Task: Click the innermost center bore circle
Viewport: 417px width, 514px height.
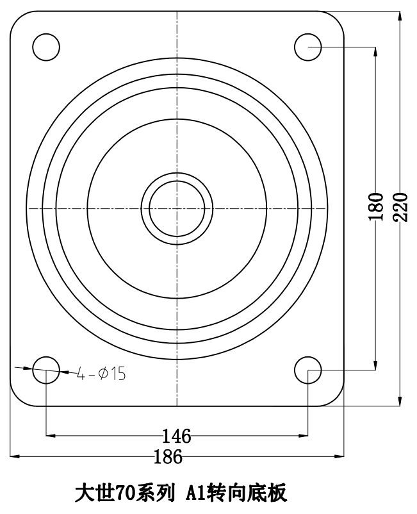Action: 177,181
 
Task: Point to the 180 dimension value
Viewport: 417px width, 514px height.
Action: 376,207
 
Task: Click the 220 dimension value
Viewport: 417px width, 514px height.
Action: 400,207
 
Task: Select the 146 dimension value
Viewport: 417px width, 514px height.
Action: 177,436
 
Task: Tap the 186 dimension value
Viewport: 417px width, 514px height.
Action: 168,456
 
